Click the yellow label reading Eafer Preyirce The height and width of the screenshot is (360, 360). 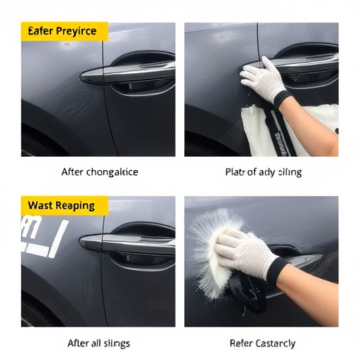tap(64, 32)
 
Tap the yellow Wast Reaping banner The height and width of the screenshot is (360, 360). tap(64, 205)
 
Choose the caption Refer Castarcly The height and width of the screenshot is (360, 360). tap(262, 343)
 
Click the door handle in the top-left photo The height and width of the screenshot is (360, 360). tap(127, 72)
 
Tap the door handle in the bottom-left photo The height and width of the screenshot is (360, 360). tap(127, 243)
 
